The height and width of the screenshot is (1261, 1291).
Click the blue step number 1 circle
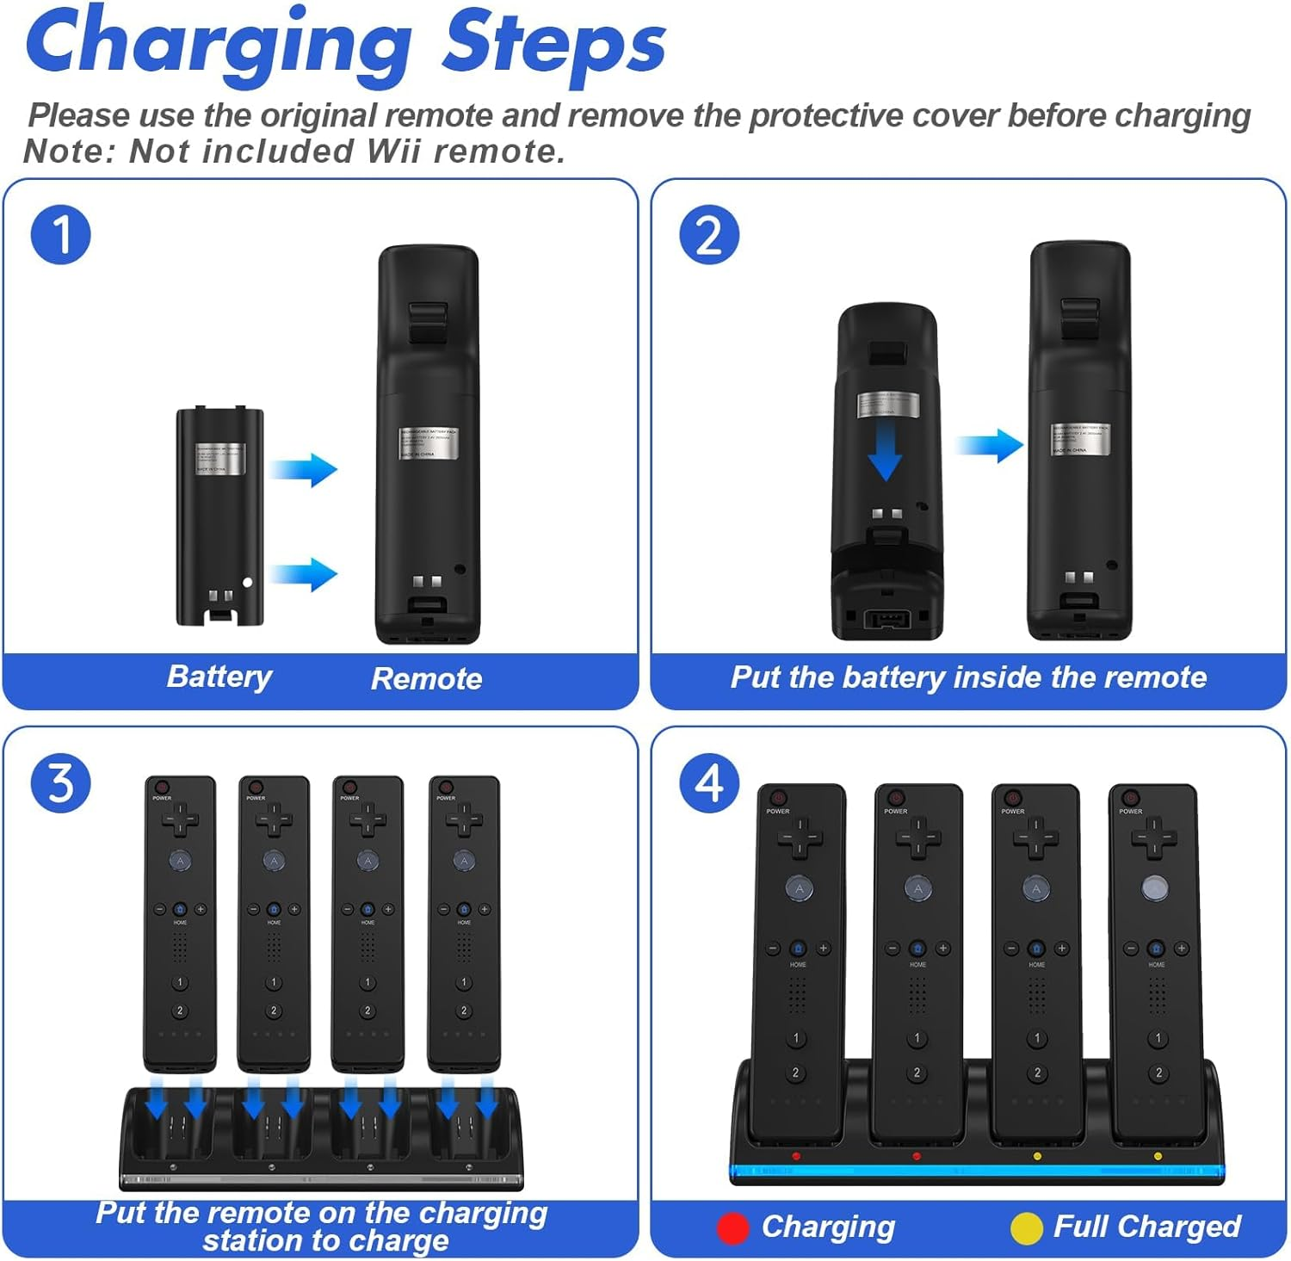point(60,234)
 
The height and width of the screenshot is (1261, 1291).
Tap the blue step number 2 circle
point(708,234)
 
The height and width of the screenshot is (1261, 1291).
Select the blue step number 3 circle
point(60,782)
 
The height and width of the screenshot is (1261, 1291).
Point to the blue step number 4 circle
point(708,782)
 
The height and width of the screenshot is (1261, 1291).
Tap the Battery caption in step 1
point(219,677)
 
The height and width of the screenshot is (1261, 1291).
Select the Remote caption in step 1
point(426,678)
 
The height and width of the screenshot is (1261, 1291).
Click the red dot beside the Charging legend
point(732,1227)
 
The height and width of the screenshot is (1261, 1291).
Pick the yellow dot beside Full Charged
point(1025,1227)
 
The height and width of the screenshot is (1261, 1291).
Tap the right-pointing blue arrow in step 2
point(990,445)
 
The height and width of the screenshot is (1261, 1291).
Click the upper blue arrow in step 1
point(303,470)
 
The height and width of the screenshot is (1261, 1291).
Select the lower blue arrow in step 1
point(303,574)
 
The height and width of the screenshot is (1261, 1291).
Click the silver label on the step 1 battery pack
point(220,458)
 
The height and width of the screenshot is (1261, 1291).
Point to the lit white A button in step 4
point(1154,888)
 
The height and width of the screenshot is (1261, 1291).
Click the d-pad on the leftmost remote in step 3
point(180,820)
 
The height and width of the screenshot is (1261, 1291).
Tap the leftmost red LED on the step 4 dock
point(796,1156)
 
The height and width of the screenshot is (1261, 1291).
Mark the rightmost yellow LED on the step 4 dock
point(1158,1156)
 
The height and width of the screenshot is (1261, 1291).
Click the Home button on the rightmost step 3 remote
point(464,909)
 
